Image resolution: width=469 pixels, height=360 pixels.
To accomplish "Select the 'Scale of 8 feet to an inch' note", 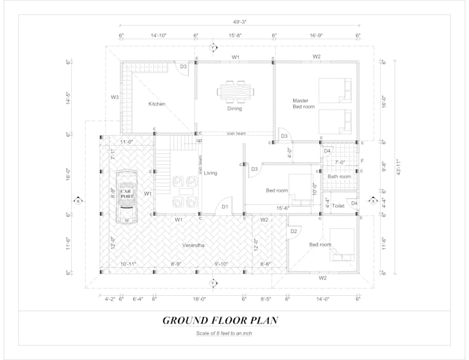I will (218, 334).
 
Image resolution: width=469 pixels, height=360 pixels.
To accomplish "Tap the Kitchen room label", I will (157, 104).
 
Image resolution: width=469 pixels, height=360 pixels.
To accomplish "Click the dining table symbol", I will (234, 91).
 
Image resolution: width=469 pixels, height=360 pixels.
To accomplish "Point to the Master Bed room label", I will (303, 104).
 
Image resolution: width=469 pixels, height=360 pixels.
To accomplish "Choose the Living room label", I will (210, 173).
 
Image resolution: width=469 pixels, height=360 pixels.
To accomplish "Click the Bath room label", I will (339, 177).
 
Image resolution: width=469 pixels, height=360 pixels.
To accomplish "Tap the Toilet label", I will (338, 206).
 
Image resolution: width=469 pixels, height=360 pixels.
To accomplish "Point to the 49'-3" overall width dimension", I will (239, 22).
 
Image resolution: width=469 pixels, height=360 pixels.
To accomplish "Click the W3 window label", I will (114, 97).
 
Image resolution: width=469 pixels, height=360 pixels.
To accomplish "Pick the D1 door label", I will (224, 207).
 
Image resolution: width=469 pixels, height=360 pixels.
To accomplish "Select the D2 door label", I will (293, 231).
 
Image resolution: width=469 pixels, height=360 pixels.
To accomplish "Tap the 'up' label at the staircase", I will (199, 141).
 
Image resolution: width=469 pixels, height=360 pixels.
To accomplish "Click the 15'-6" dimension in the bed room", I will (282, 207).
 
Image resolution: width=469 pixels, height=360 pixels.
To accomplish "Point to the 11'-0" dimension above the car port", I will (126, 141).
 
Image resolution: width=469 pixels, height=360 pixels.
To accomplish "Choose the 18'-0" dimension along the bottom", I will (199, 299).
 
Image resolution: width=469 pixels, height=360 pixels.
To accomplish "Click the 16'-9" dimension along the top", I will (317, 34).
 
